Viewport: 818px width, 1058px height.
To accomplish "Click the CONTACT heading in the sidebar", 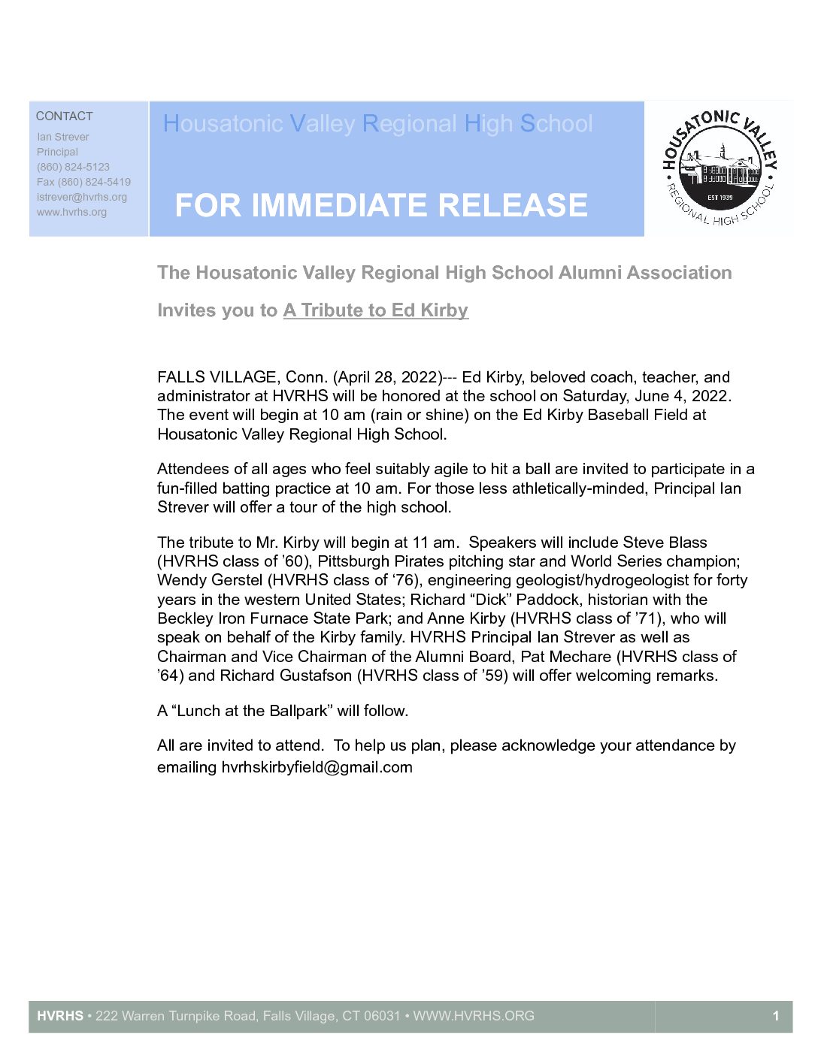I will point(65,116).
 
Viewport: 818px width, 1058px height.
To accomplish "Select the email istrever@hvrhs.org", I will point(82,197).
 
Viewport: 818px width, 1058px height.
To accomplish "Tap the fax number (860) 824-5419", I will point(94,182).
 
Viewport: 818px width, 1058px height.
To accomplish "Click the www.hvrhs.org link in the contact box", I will point(72,212).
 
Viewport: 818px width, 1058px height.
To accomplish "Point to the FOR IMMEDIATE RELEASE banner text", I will point(381,205).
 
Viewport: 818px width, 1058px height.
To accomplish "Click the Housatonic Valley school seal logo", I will point(719,168).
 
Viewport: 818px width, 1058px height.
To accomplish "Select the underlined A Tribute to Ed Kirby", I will point(376,310).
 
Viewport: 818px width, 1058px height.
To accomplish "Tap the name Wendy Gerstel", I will point(210,580).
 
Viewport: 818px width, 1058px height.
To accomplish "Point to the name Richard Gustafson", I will point(286,676).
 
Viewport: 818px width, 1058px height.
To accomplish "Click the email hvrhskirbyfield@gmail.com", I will point(317,767).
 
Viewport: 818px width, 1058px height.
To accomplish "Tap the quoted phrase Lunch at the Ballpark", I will point(253,711).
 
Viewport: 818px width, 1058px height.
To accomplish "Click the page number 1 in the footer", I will point(776,1016).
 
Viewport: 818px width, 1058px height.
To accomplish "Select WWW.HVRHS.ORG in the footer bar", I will point(474,1016).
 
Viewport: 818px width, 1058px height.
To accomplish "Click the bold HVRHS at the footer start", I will point(60,1016).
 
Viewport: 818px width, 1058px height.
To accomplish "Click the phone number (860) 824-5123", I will point(73,167).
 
